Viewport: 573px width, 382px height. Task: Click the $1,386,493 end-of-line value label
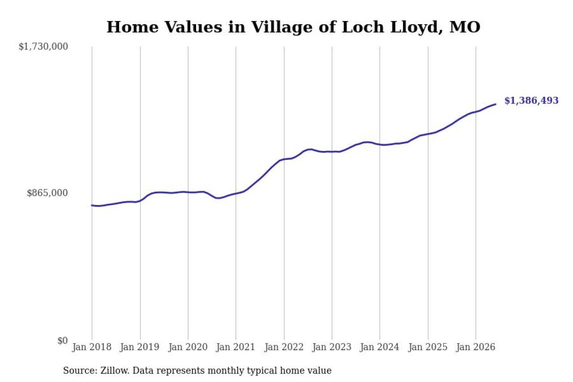tap(531, 101)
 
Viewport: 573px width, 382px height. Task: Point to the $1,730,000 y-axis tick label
tap(43, 47)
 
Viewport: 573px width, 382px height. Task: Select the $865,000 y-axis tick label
tap(47, 193)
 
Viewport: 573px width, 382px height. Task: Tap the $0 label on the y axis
tap(63, 340)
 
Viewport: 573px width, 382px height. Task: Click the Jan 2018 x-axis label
tap(92, 347)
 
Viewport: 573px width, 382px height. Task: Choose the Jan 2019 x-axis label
tap(140, 347)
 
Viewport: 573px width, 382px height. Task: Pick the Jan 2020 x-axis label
tap(188, 347)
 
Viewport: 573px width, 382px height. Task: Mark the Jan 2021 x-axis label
tap(235, 347)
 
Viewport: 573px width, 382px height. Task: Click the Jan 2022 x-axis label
tap(284, 347)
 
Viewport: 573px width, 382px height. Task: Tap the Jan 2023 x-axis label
tap(332, 347)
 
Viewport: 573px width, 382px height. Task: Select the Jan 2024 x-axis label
tap(379, 347)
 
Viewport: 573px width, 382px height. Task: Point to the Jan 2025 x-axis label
tap(428, 347)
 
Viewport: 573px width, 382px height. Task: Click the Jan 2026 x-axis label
tap(475, 347)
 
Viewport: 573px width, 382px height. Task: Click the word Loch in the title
tap(363, 27)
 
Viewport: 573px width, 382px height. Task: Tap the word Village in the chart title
tap(282, 27)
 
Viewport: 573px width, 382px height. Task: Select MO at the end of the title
tap(465, 27)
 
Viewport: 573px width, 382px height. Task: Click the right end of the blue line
tap(496, 104)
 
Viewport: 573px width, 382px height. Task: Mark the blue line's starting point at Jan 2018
tap(92, 205)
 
